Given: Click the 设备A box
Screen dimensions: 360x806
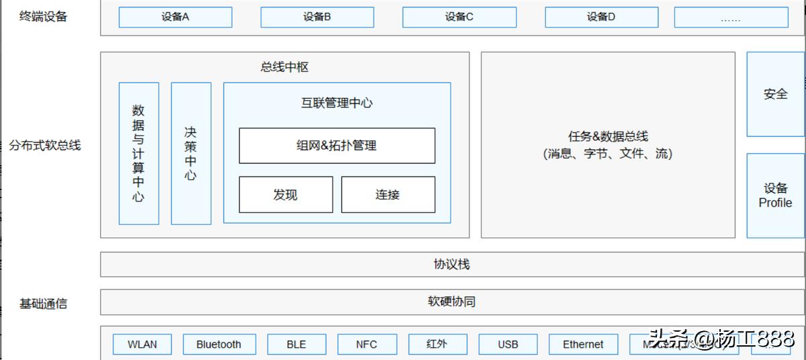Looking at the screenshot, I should [x=175, y=17].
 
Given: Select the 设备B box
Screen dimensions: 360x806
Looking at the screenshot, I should [x=317, y=17].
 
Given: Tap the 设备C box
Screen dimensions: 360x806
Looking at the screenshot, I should [x=459, y=17].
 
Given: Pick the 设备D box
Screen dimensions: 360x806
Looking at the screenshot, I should [x=601, y=17].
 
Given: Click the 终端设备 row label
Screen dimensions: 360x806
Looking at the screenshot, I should [x=44, y=17].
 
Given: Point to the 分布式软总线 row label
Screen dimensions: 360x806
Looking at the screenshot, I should [x=45, y=145].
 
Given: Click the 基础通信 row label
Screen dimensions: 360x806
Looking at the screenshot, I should [x=44, y=304].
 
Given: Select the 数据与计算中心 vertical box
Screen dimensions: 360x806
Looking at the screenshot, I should [x=138, y=153].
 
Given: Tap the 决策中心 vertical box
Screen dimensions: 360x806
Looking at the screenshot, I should [x=191, y=153].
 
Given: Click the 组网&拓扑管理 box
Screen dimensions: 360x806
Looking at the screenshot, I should [x=337, y=146].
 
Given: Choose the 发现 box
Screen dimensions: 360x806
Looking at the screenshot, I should [x=285, y=195].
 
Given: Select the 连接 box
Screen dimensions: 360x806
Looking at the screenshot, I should [x=388, y=195].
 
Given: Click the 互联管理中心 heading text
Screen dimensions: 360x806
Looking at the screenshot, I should [x=337, y=103].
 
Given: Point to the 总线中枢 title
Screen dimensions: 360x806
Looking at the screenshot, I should [x=285, y=67].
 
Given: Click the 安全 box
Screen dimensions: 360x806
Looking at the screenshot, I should [x=775, y=95].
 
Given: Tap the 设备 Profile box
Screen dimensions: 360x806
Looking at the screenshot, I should [x=775, y=195].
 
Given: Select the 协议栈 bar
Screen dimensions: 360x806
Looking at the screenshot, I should [x=451, y=265].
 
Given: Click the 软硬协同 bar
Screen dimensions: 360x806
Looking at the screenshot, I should [x=451, y=302].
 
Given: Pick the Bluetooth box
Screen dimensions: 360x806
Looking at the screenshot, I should [x=219, y=345].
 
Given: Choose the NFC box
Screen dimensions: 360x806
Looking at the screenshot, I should [x=366, y=345].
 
